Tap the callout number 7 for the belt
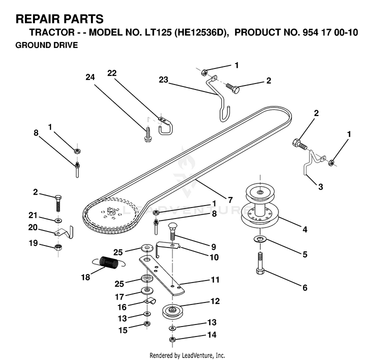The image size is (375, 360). pos(230,199)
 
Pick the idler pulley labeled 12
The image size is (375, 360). pos(171,311)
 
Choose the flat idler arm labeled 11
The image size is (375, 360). pos(162,274)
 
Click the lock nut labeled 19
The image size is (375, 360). pos(58,247)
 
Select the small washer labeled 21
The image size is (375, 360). pos(58,220)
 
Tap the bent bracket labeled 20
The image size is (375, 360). pos(64,232)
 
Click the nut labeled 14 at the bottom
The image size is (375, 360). pos(172,339)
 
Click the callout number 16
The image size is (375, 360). pos(122,307)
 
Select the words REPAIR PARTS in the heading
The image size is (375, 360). pos(59,19)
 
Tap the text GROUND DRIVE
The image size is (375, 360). pos(46,45)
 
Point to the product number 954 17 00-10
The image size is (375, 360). pos(330,32)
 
